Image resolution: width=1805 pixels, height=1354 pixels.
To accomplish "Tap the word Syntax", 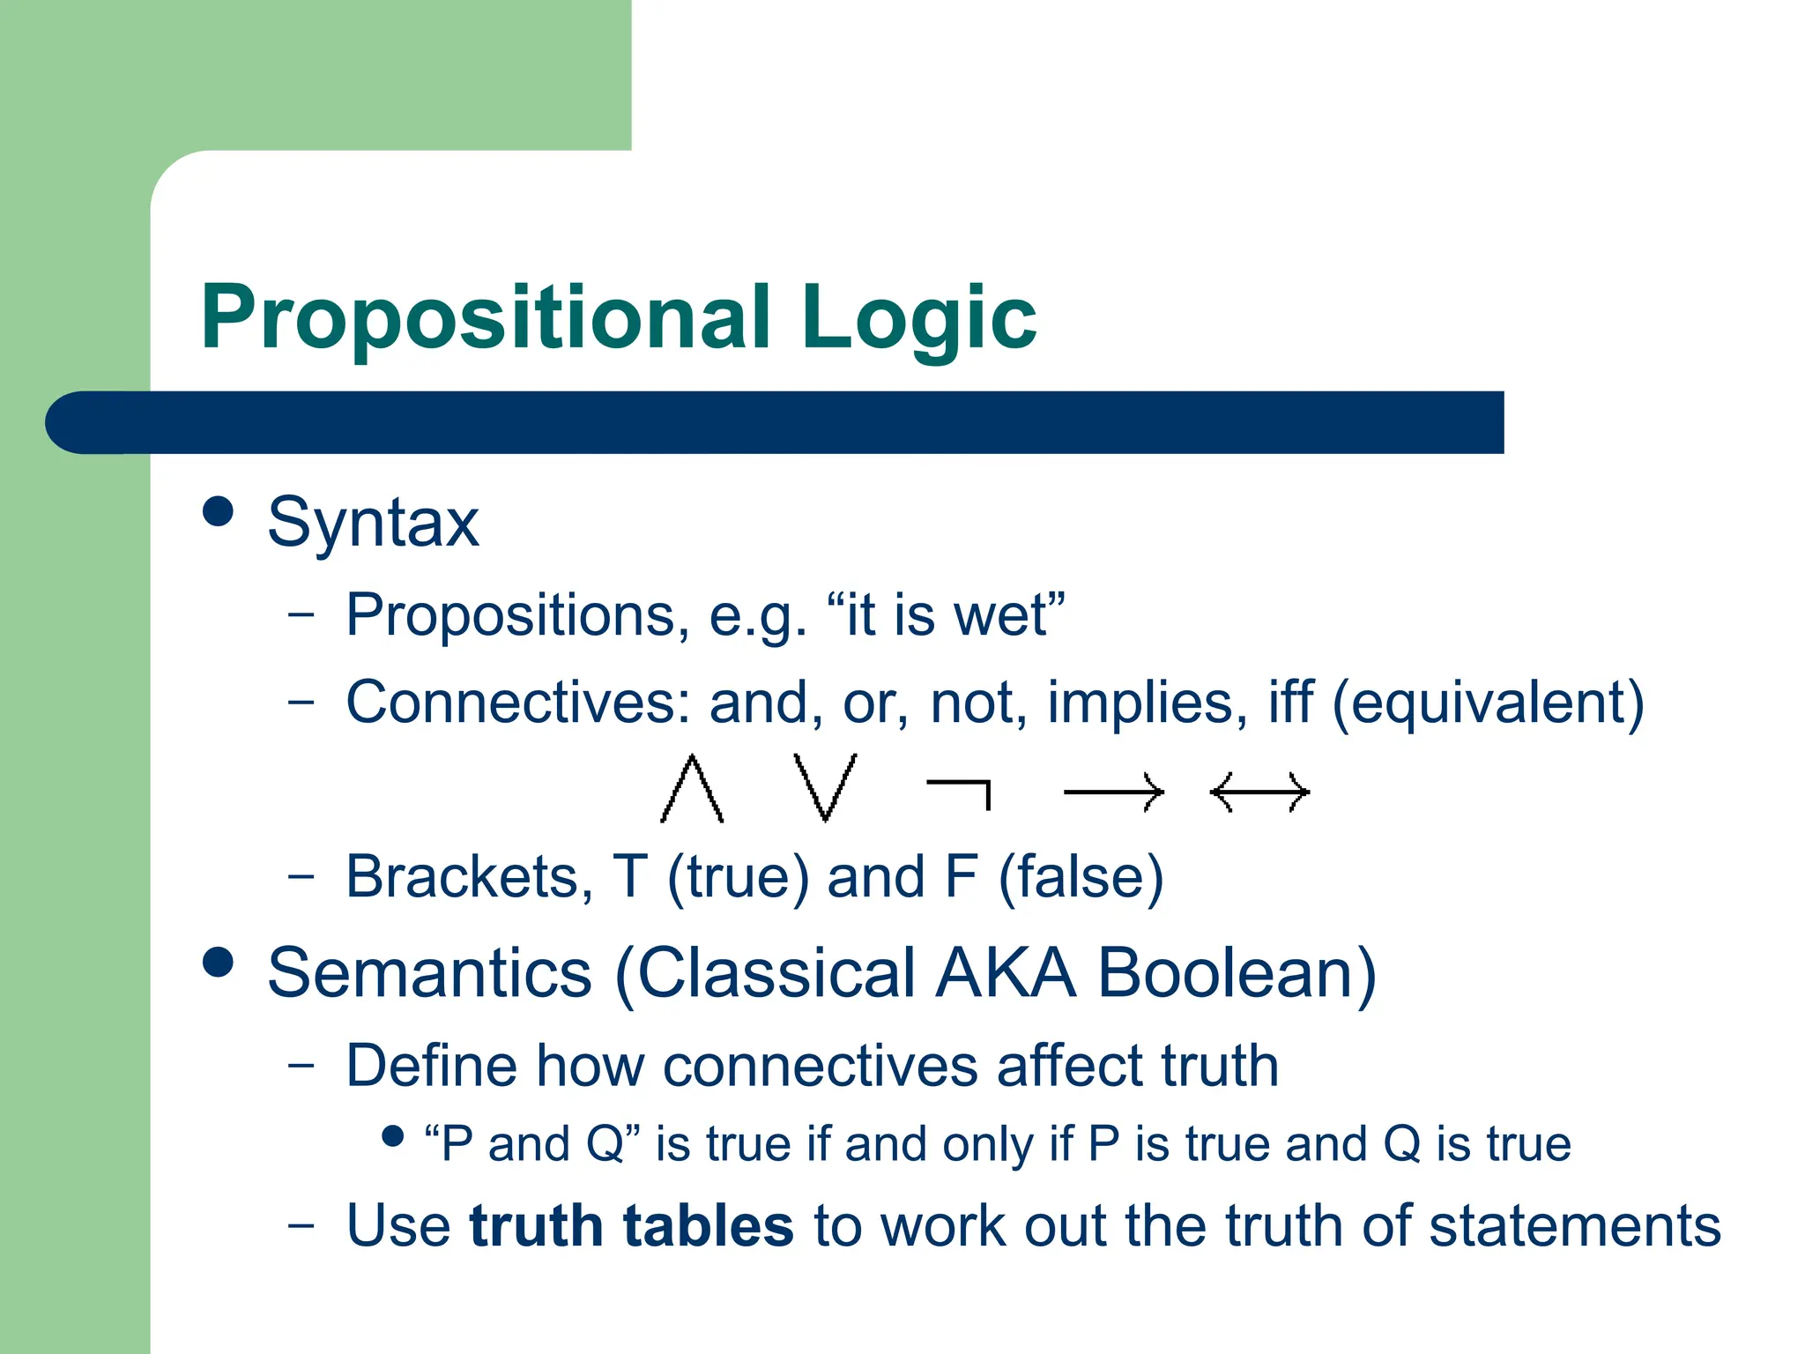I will tap(373, 524).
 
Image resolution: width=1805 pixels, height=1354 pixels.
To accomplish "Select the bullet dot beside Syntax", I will tap(218, 511).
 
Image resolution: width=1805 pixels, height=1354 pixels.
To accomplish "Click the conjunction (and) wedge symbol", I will tap(692, 789).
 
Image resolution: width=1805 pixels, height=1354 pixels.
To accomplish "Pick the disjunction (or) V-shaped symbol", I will tap(825, 787).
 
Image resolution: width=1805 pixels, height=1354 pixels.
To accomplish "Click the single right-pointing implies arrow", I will tap(1113, 792).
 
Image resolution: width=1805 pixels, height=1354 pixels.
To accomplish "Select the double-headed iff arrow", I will tap(1259, 792).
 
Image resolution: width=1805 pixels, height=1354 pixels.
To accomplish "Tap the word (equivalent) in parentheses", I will tap(1488, 703).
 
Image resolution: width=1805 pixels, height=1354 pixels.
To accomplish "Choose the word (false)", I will tap(1081, 877).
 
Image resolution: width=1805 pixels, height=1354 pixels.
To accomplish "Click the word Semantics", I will tap(429, 973).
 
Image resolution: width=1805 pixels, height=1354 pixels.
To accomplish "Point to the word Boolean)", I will tap(1237, 973).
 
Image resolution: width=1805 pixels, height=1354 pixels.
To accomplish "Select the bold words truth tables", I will tap(631, 1226).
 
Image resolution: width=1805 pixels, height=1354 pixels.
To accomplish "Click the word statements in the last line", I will tap(1574, 1226).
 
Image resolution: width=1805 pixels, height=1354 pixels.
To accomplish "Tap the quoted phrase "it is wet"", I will tap(946, 614).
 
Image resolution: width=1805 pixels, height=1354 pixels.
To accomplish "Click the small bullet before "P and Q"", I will tap(393, 1136).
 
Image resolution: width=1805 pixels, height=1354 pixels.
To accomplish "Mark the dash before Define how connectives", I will tap(301, 1065).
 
